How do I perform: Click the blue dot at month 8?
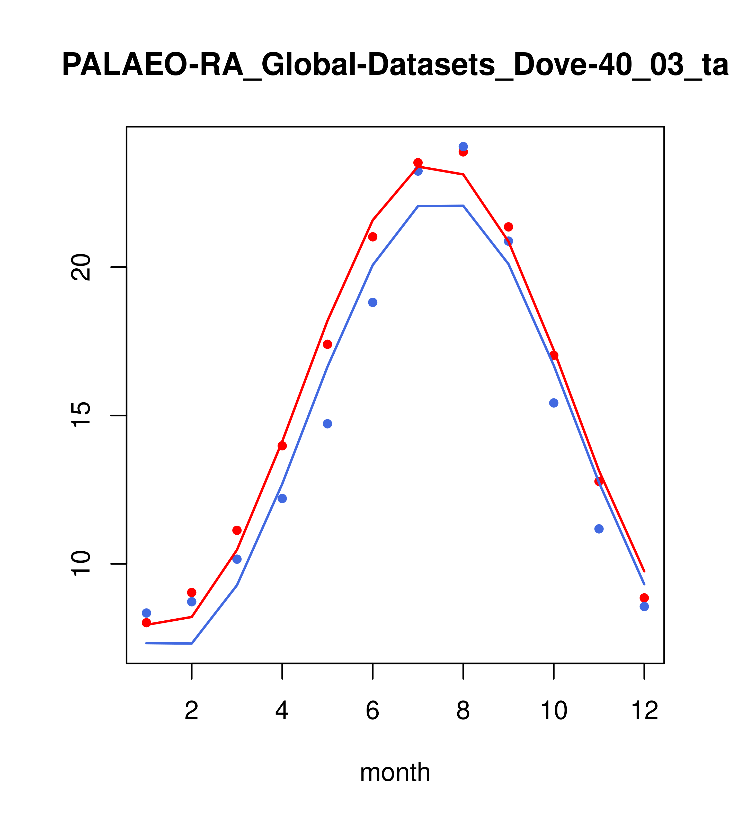click(x=463, y=147)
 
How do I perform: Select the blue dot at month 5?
click(x=327, y=424)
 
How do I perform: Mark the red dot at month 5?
click(x=327, y=344)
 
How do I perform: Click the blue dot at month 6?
click(x=373, y=302)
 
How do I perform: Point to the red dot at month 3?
click(x=237, y=531)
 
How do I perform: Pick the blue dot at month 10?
click(x=554, y=403)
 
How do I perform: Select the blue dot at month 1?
click(x=146, y=613)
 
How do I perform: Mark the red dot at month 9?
click(x=508, y=227)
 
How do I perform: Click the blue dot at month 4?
click(x=282, y=499)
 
